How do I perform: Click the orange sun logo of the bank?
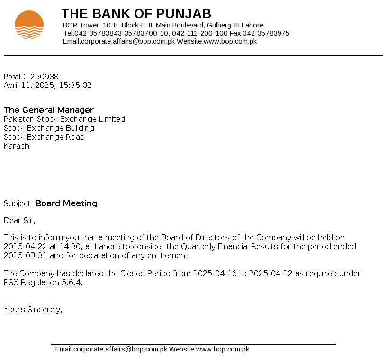click(x=29, y=25)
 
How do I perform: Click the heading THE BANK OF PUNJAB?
click(x=136, y=14)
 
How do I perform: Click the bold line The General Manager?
click(x=49, y=110)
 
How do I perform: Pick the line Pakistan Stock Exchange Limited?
click(x=64, y=119)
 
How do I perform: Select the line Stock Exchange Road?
click(x=44, y=137)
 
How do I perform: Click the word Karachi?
click(x=17, y=146)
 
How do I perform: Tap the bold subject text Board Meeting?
click(x=66, y=204)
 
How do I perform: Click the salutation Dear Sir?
click(x=19, y=220)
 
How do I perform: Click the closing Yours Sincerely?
click(x=33, y=310)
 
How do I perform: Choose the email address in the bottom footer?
click(x=111, y=350)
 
